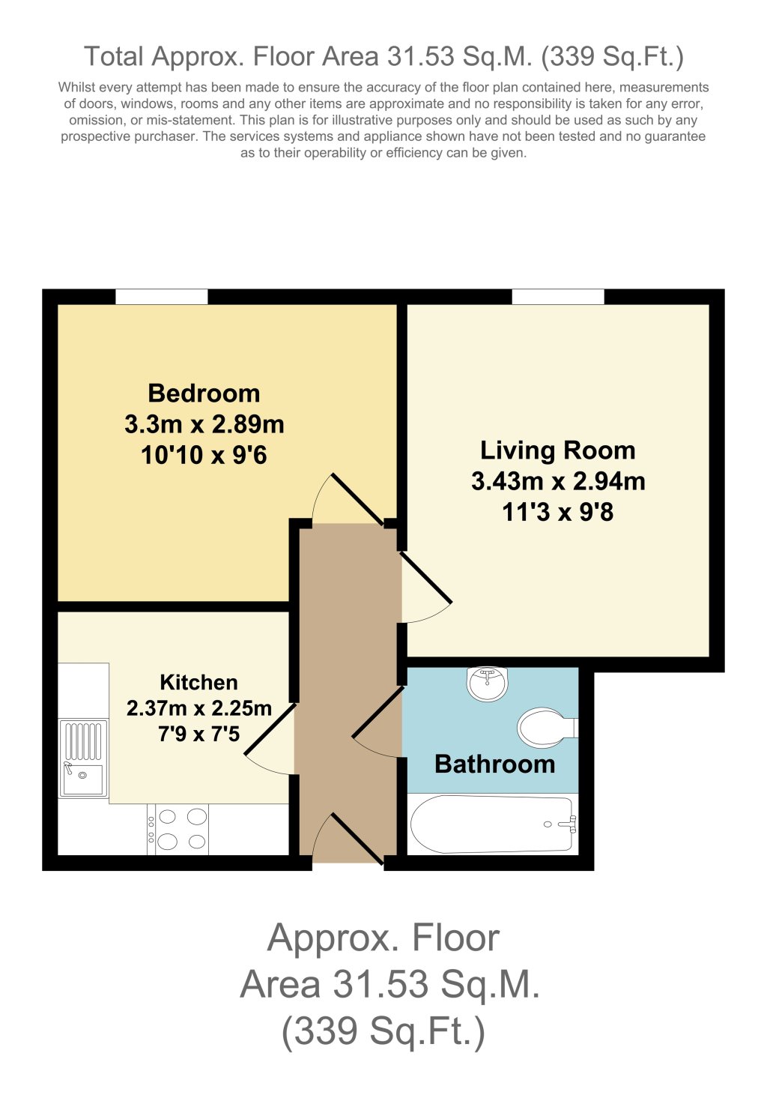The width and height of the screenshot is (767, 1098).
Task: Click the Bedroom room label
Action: pos(204,393)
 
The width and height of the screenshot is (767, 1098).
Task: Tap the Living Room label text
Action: pos(557,450)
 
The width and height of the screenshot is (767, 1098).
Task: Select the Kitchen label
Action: pos(198,682)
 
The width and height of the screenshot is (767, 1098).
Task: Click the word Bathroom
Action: pos(494,764)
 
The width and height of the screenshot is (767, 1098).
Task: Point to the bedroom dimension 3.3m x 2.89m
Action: pos(204,425)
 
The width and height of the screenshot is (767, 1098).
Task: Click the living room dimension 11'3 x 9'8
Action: pos(557,513)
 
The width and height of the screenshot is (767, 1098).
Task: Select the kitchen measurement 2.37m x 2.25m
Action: pos(198,708)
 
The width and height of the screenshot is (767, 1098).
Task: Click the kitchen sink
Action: pos(83,758)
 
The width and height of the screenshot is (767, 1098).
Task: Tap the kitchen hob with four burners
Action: pos(178,829)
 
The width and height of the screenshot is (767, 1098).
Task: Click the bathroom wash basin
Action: pos(487,683)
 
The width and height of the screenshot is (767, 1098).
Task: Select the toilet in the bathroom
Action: pos(545,727)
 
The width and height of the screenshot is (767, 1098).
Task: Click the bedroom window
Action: pos(161,297)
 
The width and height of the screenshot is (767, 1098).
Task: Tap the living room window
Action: pos(558,297)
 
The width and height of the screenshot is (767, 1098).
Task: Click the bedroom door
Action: pos(356,498)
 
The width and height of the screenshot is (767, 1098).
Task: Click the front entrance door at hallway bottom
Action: pos(357,839)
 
